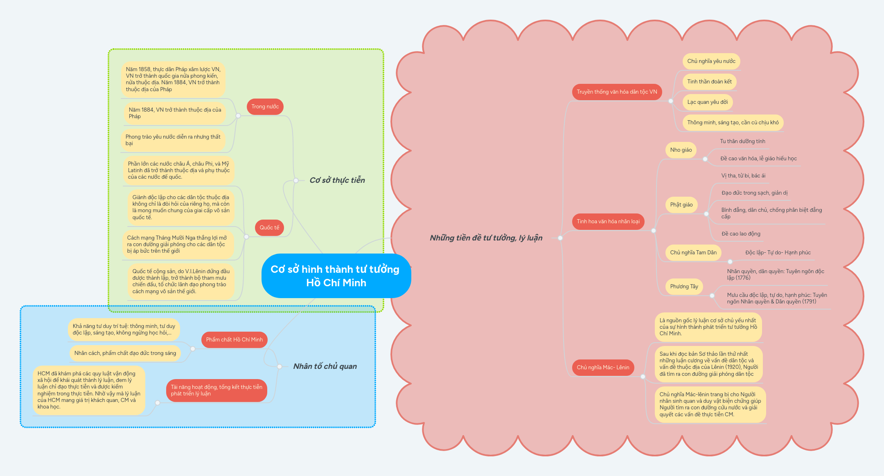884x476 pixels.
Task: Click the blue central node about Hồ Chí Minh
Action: [336, 276]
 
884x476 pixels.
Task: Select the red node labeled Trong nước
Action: [265, 107]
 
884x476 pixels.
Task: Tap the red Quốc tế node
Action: [269, 228]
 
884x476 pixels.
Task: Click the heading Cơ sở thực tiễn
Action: [337, 180]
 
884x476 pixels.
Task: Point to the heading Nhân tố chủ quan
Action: [325, 366]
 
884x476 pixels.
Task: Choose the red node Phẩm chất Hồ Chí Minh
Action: [234, 340]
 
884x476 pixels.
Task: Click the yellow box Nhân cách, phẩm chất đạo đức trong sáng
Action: [125, 353]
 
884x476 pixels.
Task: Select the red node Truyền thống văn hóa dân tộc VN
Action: [616, 92]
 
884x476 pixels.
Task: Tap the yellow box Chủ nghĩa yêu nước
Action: [711, 61]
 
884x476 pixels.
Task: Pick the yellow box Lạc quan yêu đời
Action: [707, 102]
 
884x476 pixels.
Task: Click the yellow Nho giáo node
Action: [681, 150]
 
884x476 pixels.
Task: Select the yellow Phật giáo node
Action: [681, 205]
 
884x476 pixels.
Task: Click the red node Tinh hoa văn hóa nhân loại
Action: [608, 222]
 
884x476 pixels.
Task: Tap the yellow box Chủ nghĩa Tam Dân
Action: [693, 253]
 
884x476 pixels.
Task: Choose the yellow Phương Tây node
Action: [684, 287]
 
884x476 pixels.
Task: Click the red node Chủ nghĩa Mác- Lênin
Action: [603, 368]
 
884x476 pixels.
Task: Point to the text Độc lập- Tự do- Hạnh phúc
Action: [778, 253]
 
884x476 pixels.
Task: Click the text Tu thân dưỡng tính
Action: [742, 141]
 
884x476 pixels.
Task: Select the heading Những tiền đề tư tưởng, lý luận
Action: [486, 238]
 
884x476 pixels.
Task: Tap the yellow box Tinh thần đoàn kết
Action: [709, 82]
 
